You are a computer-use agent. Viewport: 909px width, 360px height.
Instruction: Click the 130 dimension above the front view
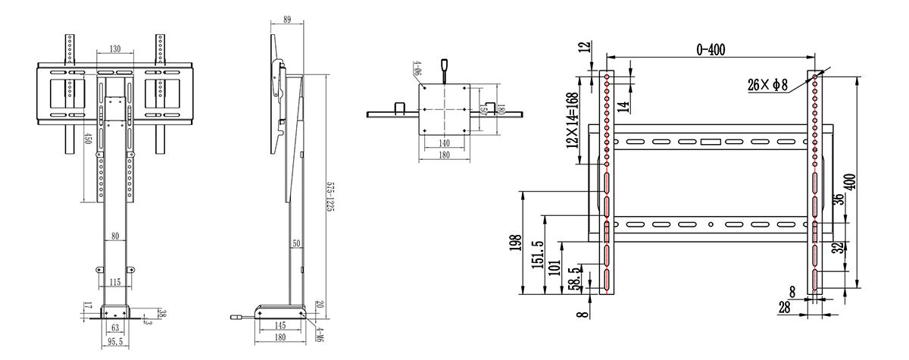pos(115,49)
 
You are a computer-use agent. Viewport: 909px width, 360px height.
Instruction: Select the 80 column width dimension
pos(114,236)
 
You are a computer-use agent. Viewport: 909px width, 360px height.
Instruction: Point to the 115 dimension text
pos(114,282)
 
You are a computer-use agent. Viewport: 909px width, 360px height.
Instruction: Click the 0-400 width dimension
pos(711,49)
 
